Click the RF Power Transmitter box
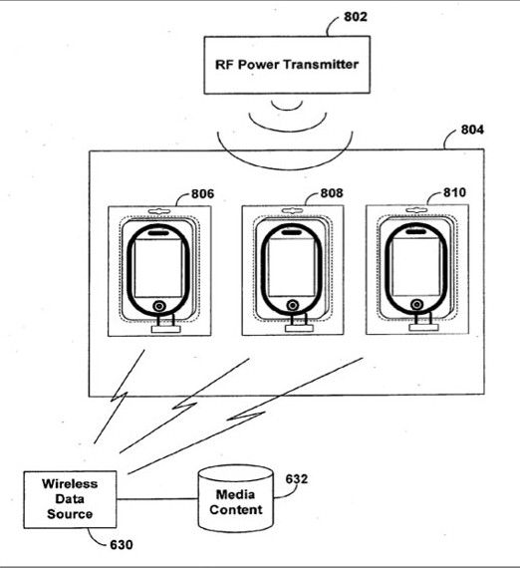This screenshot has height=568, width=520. coord(287,65)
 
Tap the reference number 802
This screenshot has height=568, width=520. coord(356,17)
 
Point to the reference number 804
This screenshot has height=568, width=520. coord(472,130)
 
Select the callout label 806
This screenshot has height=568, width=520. coord(202,193)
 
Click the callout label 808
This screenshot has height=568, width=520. coord(332,193)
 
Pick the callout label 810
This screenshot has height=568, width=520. coord(454,192)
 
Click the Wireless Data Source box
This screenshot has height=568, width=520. coord(70,499)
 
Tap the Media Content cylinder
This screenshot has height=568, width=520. coord(235,499)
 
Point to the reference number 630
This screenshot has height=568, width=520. coord(121,545)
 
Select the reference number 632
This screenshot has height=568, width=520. coord(297,479)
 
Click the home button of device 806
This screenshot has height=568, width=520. coord(159,306)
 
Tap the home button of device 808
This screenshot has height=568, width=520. coord(292,305)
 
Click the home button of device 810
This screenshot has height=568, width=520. coord(416,304)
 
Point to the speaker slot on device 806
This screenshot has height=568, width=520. coord(158,233)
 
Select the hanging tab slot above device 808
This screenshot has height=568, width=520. coord(292,210)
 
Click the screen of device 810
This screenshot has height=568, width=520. coord(415,267)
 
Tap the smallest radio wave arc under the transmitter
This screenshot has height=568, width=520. coord(287,108)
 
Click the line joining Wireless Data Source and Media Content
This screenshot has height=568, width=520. coord(157,499)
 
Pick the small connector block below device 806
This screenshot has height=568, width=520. coord(165,329)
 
